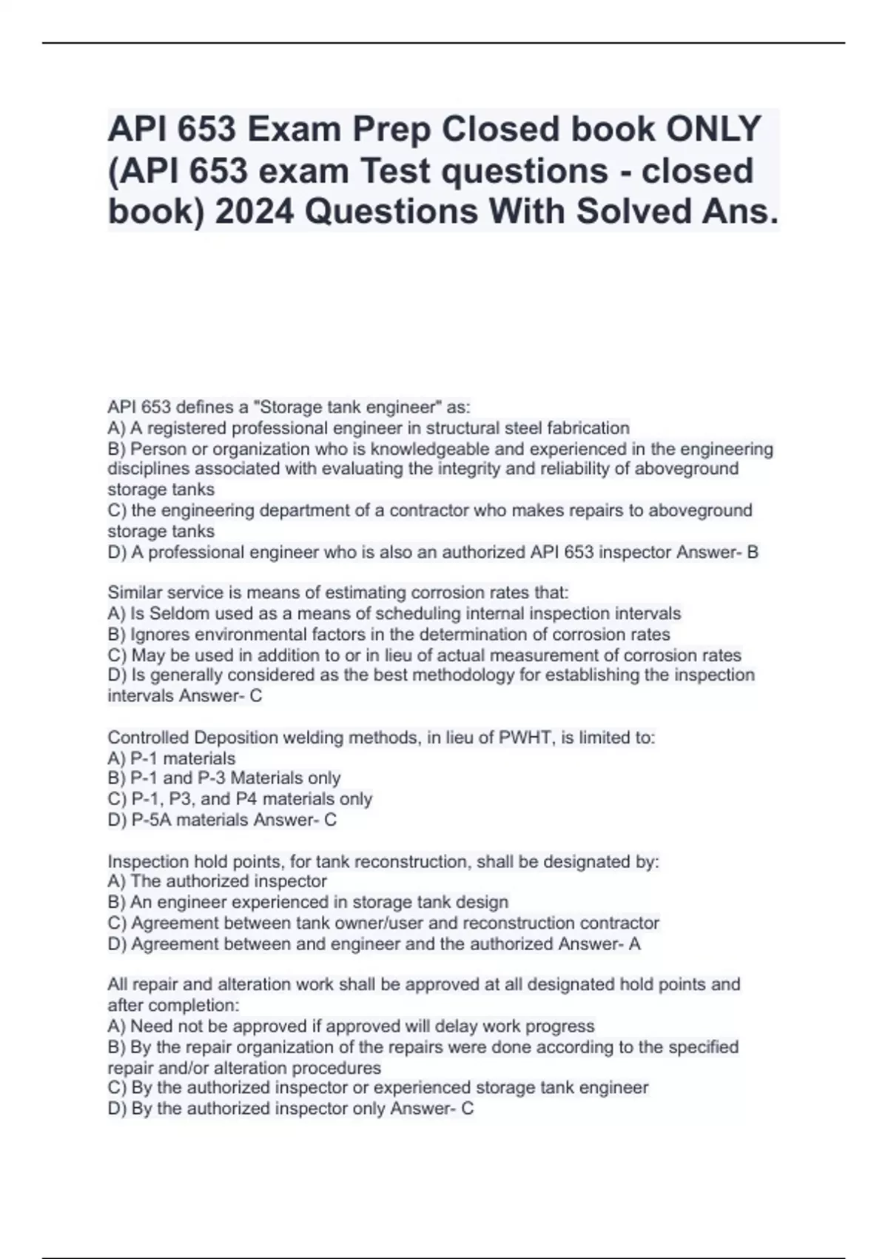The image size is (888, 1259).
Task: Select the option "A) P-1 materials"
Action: coord(172,758)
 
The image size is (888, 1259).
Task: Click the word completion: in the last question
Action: coord(185,1006)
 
